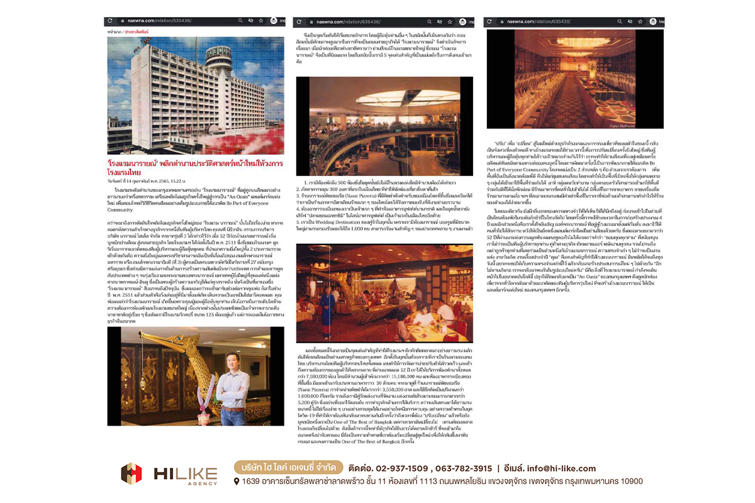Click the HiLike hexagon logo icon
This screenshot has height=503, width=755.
(131, 473)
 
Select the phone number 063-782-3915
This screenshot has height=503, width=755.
(462, 468)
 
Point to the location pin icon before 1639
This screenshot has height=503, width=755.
(237, 482)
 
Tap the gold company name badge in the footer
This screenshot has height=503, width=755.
(289, 468)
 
